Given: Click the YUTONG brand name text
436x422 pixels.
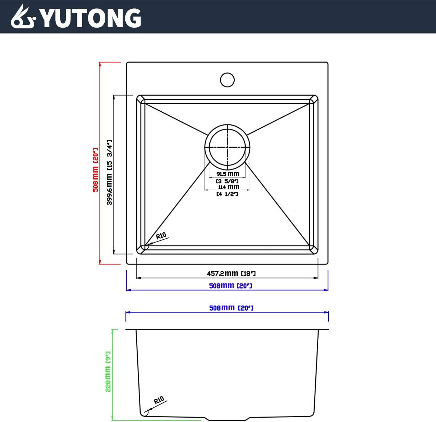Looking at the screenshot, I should (90, 18).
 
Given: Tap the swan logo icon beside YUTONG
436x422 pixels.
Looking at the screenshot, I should (23, 17).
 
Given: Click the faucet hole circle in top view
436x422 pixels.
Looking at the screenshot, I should (227, 80).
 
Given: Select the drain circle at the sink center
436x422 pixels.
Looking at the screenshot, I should (227, 147).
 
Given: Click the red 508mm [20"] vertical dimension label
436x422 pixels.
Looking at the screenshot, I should (95, 170).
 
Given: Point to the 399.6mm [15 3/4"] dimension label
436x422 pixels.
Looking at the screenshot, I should (109, 172).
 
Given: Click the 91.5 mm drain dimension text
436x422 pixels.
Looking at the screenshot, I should (228, 174).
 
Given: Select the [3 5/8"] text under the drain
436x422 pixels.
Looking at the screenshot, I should (227, 181).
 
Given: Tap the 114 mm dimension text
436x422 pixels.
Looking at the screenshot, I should (228, 187).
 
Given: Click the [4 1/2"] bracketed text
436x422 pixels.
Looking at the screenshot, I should (227, 194).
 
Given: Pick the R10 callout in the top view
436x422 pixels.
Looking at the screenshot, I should (161, 236).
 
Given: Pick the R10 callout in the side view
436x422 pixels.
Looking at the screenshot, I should (159, 401).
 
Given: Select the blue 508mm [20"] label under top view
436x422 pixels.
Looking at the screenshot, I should (230, 286).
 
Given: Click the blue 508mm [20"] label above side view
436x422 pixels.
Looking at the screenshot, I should (231, 308).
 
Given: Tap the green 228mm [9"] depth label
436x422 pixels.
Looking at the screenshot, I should (108, 371).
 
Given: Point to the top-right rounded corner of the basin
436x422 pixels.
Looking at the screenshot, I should (313, 100).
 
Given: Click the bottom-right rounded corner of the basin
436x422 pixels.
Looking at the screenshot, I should (313, 250).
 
